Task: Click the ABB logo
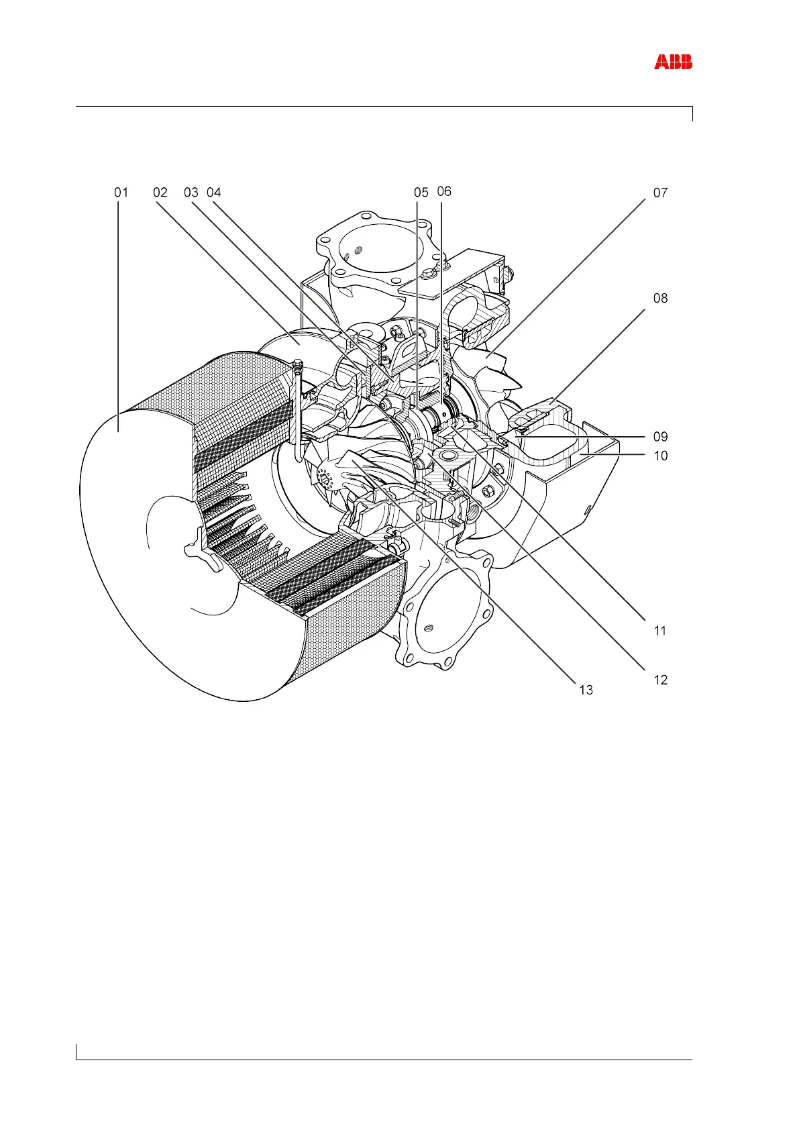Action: point(673,62)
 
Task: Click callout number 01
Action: point(121,193)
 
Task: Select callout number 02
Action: point(160,193)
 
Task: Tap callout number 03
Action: point(191,193)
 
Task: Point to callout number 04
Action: point(213,193)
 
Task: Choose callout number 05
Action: point(421,193)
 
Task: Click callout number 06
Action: point(444,192)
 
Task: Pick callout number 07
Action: point(660,193)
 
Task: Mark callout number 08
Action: point(660,298)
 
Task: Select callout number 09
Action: point(660,437)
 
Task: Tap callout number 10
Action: point(660,456)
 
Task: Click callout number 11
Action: point(660,631)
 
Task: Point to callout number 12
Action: point(660,680)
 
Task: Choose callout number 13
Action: point(586,690)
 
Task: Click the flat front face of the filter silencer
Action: point(148,537)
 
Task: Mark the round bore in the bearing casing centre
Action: point(448,456)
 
